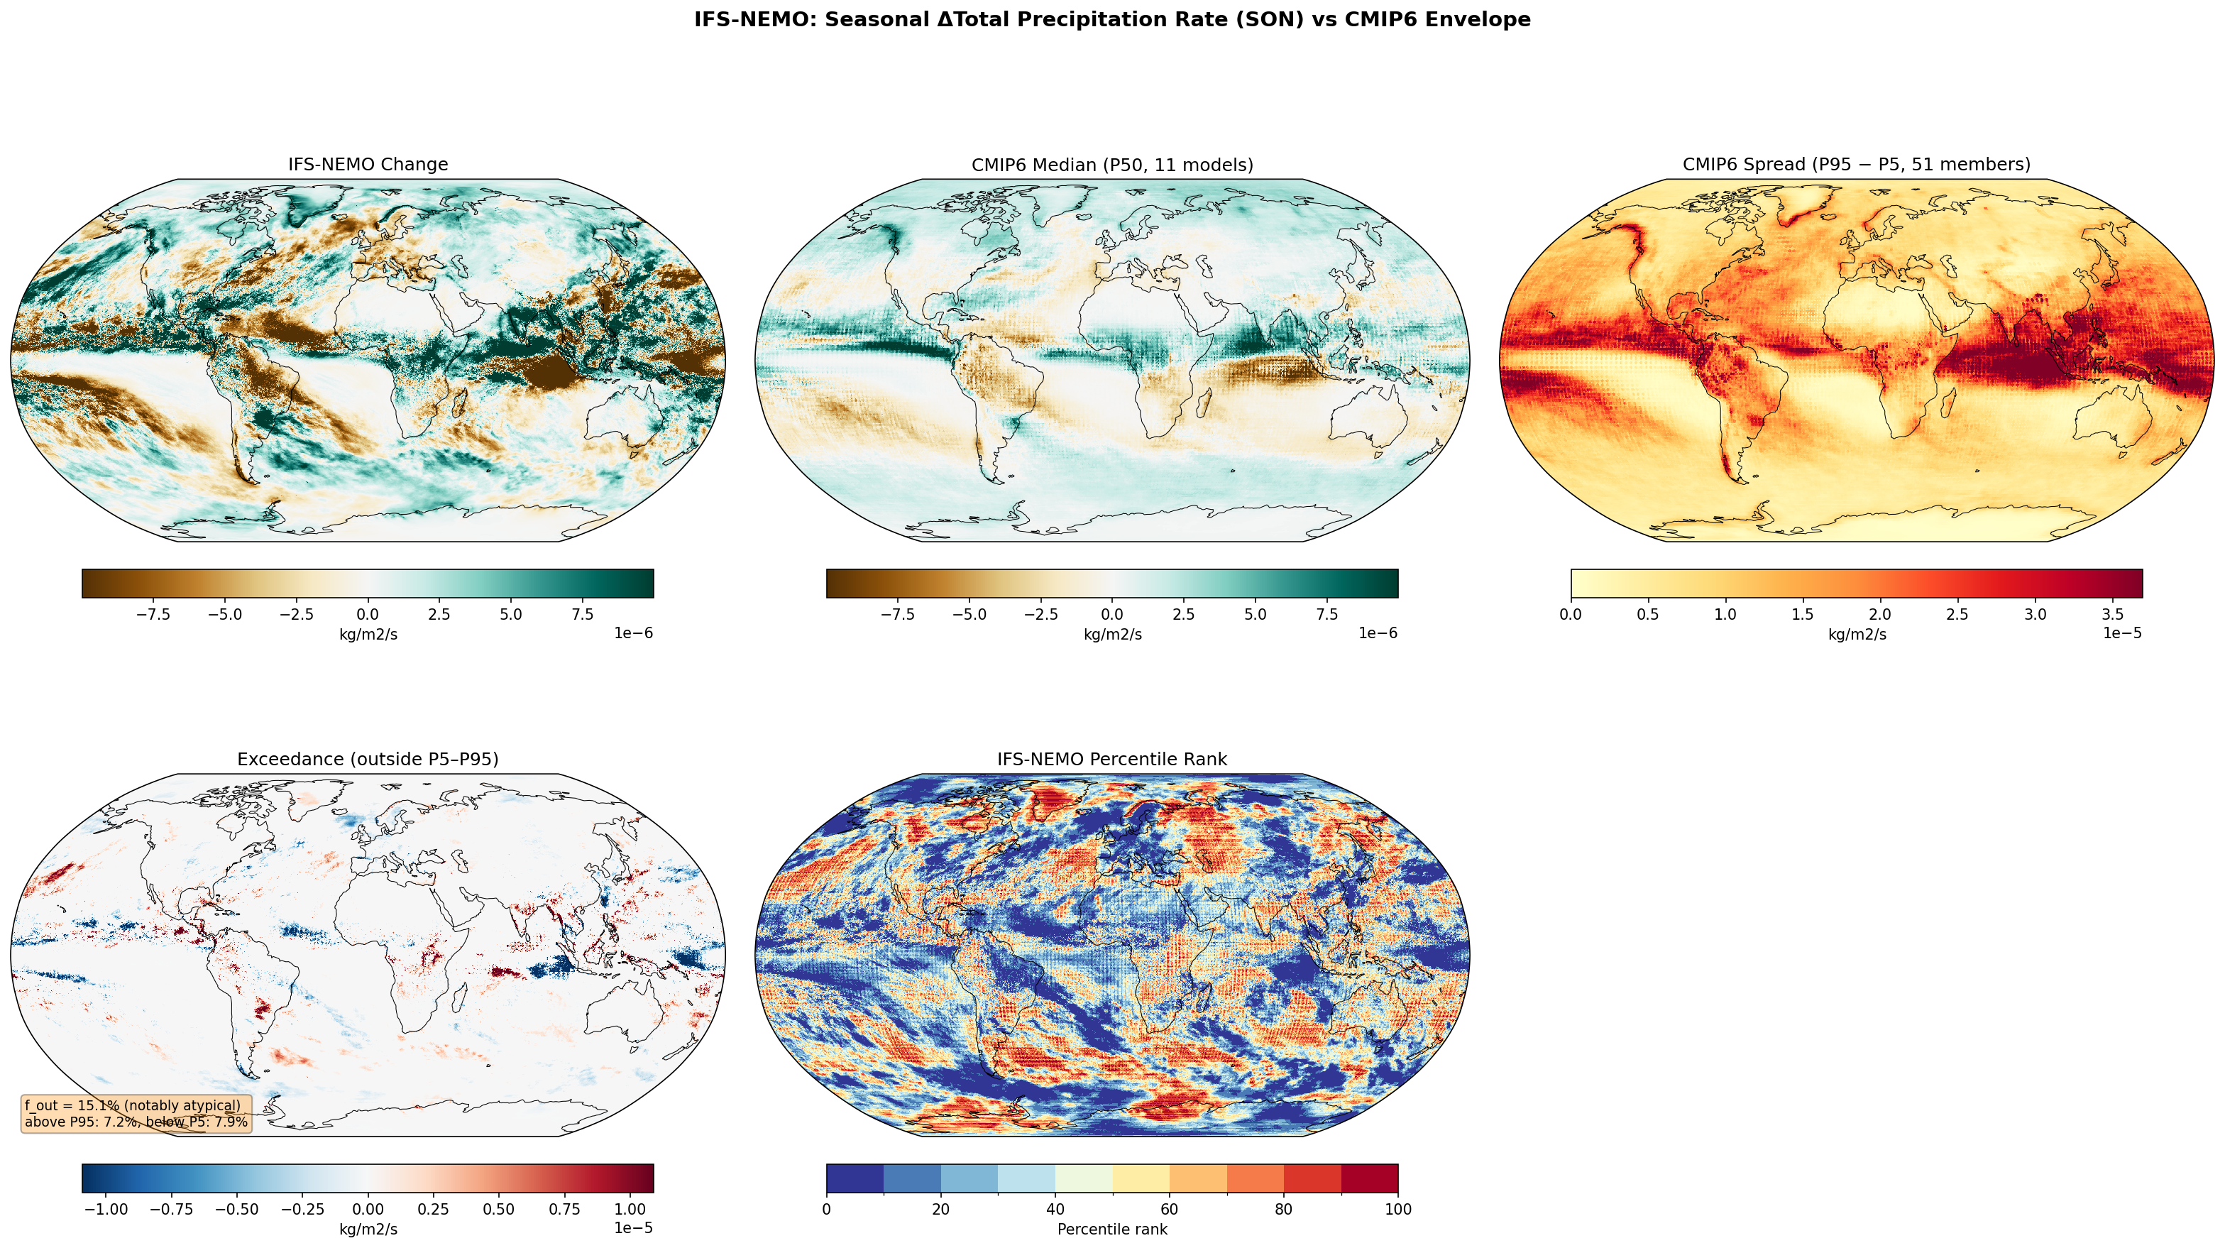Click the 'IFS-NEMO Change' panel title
point(368,164)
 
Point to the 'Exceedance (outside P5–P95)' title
point(368,759)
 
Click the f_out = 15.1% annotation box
point(136,1114)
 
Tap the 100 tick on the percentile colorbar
point(1397,1209)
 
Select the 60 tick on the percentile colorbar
point(1170,1209)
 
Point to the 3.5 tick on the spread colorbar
point(2113,615)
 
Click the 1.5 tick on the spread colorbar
point(1803,615)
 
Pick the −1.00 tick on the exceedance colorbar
point(105,1209)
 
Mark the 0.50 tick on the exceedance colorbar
point(498,1209)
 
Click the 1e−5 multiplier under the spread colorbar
point(2121,633)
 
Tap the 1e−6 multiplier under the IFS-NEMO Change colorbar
point(633,633)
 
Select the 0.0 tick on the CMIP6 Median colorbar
point(1113,615)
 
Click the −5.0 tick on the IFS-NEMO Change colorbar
point(224,615)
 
